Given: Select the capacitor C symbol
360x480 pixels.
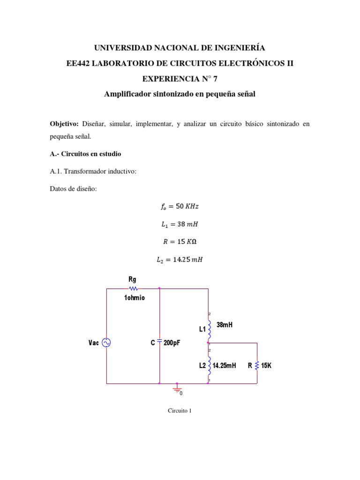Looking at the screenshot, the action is pos(159,343).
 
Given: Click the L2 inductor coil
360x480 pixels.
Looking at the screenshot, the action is pos(209,365).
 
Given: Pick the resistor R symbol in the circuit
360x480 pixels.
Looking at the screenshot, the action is pos(257,365).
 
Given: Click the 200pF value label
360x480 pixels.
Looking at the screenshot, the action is pos(172,343).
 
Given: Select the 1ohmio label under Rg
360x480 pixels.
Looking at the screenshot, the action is pos(135,298).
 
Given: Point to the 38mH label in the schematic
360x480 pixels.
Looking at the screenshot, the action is pos(225,324).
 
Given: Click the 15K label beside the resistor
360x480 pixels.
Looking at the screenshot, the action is pos(266,366).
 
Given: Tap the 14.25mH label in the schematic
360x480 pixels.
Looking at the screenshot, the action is pos(225,366).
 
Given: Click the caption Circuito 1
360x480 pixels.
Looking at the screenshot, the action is pos(180,411).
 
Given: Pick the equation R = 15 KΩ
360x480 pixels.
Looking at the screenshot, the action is pos(180,242).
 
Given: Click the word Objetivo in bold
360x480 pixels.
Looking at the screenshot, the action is pos(65,124).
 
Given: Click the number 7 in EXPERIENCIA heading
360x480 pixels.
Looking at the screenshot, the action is pos(216,78).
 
